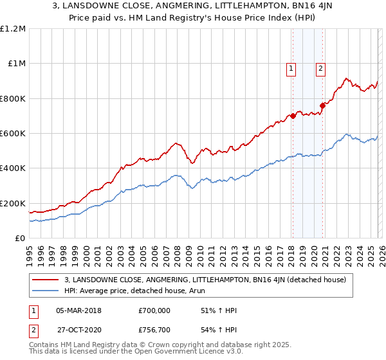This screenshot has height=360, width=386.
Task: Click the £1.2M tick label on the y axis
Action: coord(14,28)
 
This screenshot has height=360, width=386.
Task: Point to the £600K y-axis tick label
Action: coord(13,133)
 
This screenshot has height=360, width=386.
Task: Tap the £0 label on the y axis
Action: coord(19,238)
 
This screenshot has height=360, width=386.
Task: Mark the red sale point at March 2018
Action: coord(293,116)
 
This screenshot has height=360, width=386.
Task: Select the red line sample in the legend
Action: coord(46,280)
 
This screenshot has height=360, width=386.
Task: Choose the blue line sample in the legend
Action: coord(46,291)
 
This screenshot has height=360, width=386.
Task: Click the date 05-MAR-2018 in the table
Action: coord(78,310)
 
